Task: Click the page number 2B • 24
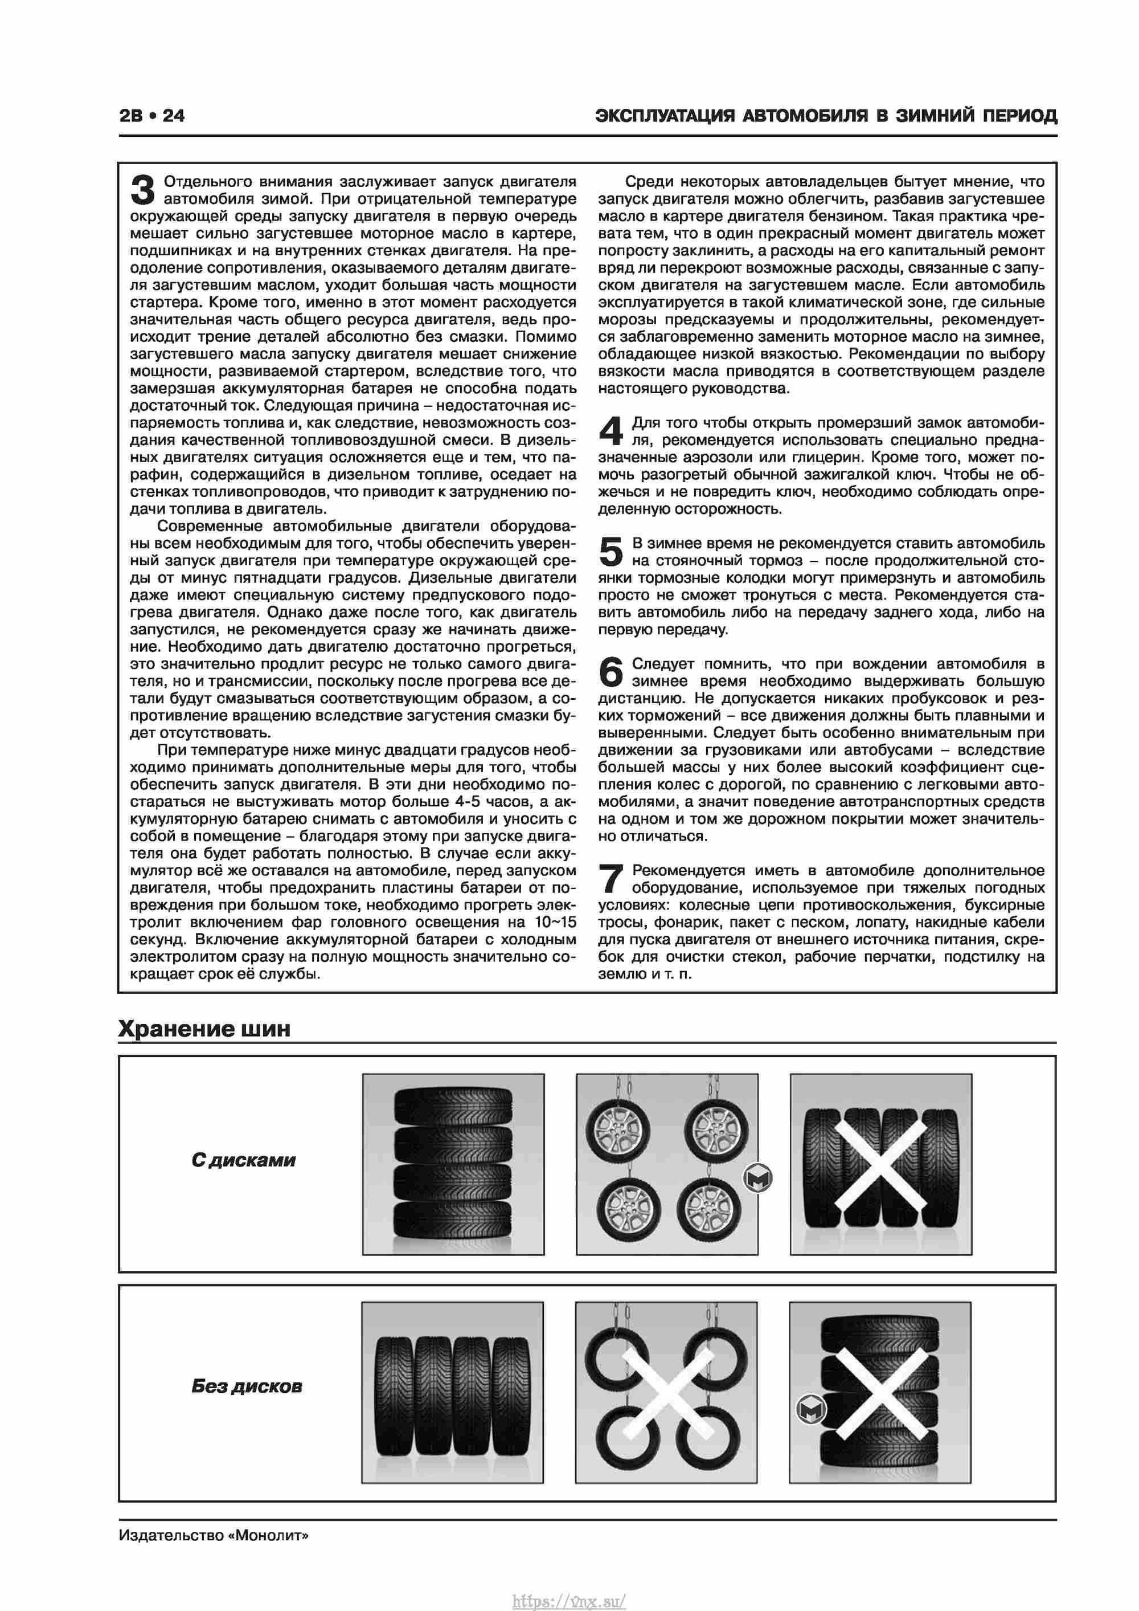tap(151, 115)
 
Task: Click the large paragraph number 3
tap(143, 190)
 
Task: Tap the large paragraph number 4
tap(611, 431)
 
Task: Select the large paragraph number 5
tap(611, 552)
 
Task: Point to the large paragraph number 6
tap(611, 672)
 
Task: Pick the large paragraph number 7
tap(611, 879)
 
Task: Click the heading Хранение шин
tap(203, 1029)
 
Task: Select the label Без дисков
tap(246, 1386)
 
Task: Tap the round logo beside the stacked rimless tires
tap(812, 1409)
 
